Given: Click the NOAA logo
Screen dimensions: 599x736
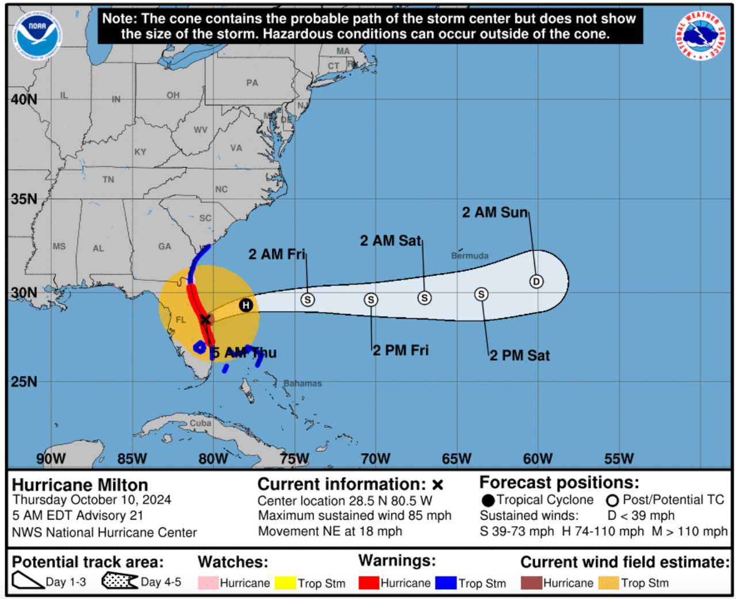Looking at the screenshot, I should tap(38, 36).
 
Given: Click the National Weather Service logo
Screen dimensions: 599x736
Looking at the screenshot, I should tap(700, 36).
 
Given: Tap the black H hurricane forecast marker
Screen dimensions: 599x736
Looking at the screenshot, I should tap(246, 305).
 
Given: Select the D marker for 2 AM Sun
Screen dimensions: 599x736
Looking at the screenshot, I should tap(536, 281).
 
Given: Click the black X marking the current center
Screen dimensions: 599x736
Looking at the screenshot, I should tap(205, 319).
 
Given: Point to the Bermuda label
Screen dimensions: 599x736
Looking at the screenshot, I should tap(470, 256).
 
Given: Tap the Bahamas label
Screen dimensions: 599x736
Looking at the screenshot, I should tap(302, 383).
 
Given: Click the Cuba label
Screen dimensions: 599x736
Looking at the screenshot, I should tap(201, 423).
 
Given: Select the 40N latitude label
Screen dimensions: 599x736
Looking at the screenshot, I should tap(24, 99).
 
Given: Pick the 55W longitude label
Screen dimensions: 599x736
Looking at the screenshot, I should tap(619, 458).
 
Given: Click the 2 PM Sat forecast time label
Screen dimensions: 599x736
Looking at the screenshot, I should tap(520, 355).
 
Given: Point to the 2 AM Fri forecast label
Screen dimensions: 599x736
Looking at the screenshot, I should tap(277, 254).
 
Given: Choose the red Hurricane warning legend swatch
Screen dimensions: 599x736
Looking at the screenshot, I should tap(369, 583).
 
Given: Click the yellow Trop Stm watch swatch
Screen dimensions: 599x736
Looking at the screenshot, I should tap(285, 583).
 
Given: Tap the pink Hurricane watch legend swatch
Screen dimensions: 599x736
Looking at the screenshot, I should tap(208, 583).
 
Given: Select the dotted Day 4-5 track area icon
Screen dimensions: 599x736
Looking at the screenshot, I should tap(120, 581).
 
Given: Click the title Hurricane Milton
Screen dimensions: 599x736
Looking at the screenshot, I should tap(80, 485).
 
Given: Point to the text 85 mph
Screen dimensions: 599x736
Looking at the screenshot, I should tap(428, 516).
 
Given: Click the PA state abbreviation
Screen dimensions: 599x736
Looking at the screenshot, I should tap(252, 83).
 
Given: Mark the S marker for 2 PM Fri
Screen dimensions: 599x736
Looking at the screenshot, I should tap(371, 300).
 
